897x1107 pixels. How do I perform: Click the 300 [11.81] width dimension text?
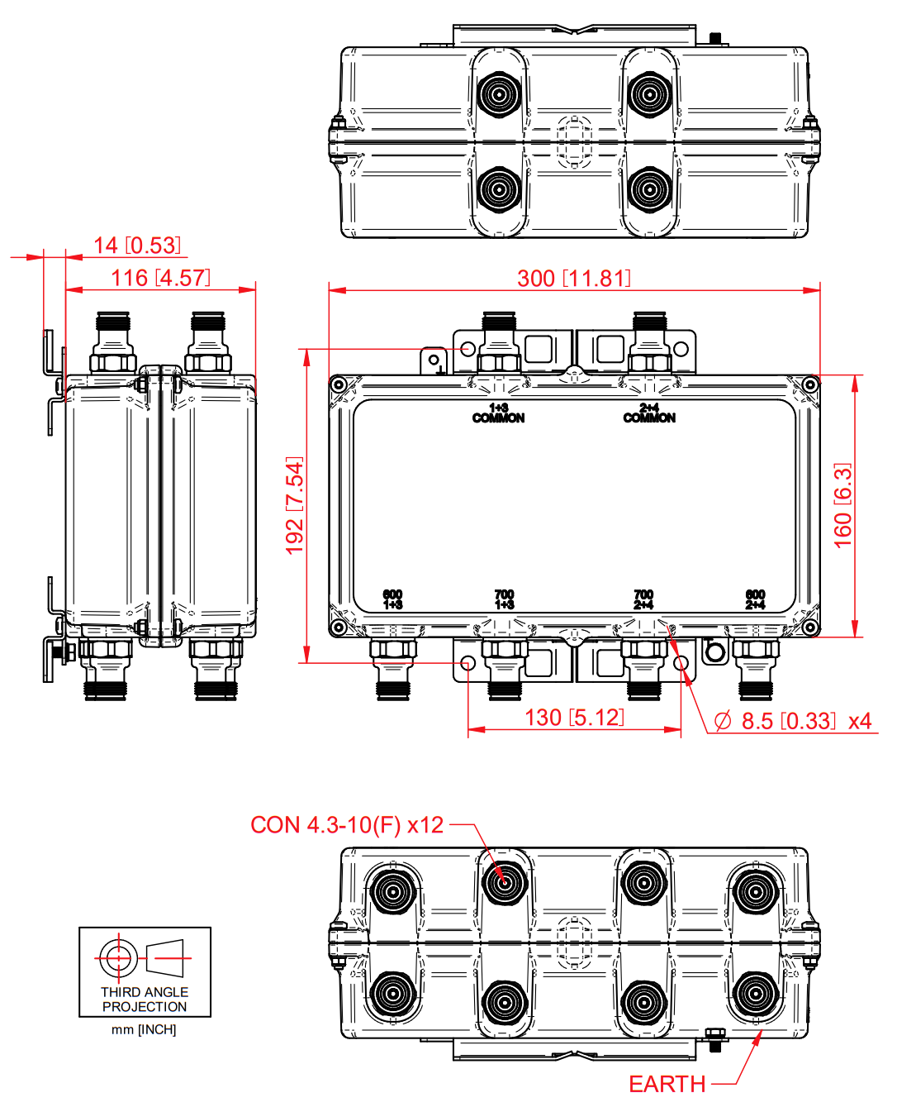tap(574, 278)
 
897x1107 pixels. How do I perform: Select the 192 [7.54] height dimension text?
tap(295, 505)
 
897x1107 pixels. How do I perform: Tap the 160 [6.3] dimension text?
tap(842, 504)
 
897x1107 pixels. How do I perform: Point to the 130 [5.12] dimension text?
tap(574, 717)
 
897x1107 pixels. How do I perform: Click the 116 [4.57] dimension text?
tap(160, 278)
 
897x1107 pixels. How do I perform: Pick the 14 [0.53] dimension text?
tap(137, 246)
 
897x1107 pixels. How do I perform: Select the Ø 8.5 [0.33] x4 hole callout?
tap(792, 721)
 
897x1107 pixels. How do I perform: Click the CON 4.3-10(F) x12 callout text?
tap(347, 825)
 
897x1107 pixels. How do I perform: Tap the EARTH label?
tap(667, 1084)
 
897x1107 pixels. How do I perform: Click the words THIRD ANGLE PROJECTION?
tap(145, 1000)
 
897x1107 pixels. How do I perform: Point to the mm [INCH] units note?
tap(144, 1029)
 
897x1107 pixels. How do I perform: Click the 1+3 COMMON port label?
tap(498, 413)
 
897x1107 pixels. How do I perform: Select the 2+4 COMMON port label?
tap(649, 413)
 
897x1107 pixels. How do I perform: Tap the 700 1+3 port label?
tap(504, 599)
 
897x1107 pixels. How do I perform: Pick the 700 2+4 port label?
tap(643, 599)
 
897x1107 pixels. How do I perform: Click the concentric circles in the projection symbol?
tap(116, 958)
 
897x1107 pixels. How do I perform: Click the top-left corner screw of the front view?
tap(338, 384)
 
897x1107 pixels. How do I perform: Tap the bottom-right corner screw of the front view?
tap(810, 627)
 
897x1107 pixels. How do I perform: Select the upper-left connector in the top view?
tap(499, 94)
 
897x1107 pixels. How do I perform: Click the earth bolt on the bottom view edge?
tap(716, 1040)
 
